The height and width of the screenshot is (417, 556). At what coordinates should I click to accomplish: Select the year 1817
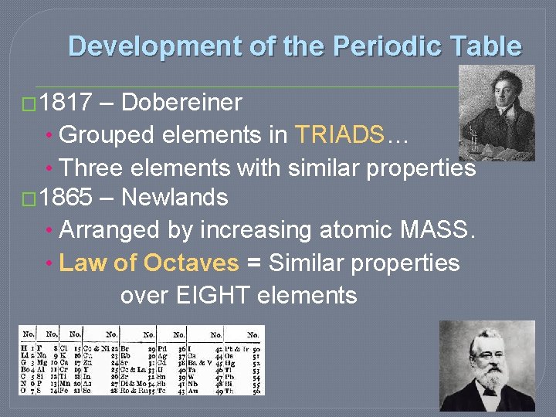click(66, 102)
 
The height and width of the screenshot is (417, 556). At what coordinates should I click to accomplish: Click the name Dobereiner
click(181, 102)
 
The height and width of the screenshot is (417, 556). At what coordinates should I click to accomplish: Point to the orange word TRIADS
click(339, 134)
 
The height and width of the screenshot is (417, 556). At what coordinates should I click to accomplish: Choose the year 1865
click(66, 198)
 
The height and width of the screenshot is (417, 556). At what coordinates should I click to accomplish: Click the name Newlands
click(175, 198)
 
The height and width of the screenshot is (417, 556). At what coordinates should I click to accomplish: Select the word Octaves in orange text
click(192, 263)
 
